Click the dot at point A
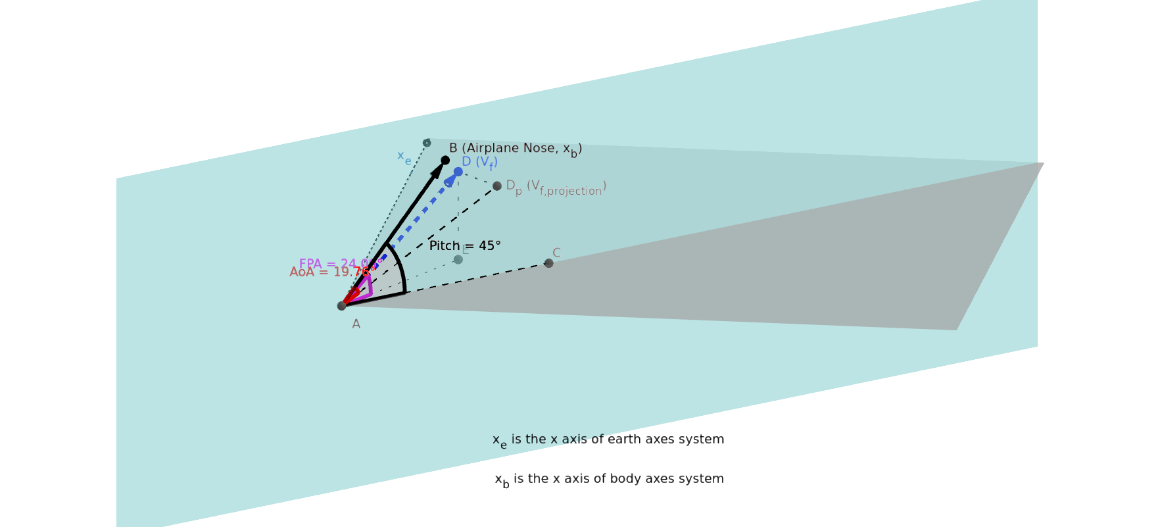(x=341, y=306)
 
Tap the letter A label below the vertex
(x=356, y=324)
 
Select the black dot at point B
(x=445, y=160)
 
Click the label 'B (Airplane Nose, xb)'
(x=515, y=149)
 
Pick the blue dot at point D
(x=458, y=172)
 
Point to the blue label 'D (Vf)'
(x=479, y=163)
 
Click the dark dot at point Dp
(x=497, y=186)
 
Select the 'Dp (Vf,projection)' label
(x=556, y=188)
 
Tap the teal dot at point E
(x=458, y=260)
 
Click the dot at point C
(x=549, y=263)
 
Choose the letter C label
(x=556, y=253)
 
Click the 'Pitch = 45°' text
(x=465, y=246)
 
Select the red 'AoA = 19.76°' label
(x=331, y=272)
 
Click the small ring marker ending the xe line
(x=427, y=143)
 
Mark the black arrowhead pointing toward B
(x=437, y=170)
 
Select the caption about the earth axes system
(x=608, y=440)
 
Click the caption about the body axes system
(x=609, y=480)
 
